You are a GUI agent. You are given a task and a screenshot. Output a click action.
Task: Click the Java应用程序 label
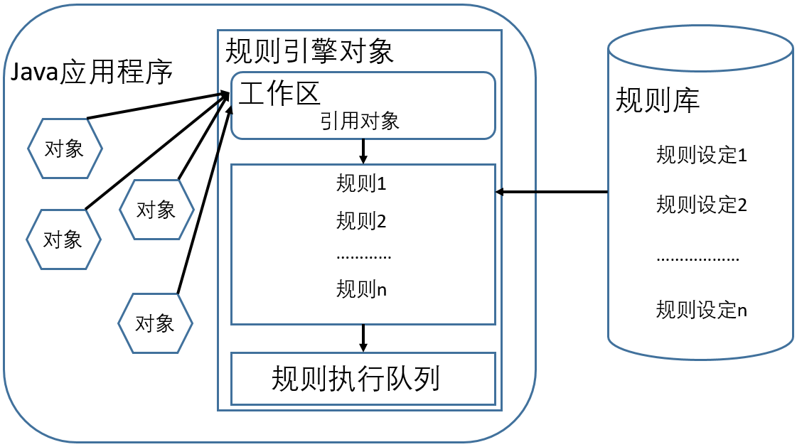(92, 72)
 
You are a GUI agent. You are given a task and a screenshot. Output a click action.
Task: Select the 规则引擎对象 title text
(309, 50)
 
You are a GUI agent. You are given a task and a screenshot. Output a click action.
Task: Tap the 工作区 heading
(279, 94)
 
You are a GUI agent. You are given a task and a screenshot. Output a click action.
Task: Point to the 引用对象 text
(360, 121)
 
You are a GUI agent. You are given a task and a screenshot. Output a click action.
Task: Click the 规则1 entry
(361, 183)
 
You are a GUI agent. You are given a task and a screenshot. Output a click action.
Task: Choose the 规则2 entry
(361, 221)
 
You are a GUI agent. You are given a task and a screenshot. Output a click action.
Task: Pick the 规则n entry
(361, 289)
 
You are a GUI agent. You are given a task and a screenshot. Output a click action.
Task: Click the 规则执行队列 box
(363, 379)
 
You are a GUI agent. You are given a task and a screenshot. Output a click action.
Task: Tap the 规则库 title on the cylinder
(658, 99)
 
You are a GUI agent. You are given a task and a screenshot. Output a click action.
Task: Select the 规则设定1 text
(702, 155)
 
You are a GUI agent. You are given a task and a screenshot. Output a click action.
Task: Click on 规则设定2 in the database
(702, 205)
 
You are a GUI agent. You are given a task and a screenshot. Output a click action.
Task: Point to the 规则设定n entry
(702, 309)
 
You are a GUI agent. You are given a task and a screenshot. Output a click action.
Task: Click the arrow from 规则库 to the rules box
(552, 192)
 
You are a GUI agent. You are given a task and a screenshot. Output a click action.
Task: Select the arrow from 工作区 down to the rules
(363, 151)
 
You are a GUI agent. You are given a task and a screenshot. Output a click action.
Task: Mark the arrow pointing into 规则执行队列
(363, 338)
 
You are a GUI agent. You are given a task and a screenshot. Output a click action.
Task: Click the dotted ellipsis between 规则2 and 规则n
(363, 257)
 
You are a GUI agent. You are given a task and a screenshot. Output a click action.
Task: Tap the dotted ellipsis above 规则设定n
(698, 259)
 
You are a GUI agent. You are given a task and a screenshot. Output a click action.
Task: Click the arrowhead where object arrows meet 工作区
(227, 95)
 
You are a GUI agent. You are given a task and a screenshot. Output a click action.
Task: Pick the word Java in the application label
(35, 72)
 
